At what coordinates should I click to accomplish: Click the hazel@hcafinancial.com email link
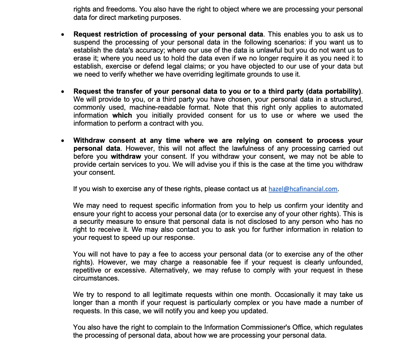(x=303, y=189)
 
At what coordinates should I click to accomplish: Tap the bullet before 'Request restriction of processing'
(x=63, y=35)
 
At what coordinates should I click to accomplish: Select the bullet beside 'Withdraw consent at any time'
(x=63, y=141)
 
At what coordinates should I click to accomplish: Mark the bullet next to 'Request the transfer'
(x=63, y=92)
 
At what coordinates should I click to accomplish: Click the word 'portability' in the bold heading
(x=343, y=91)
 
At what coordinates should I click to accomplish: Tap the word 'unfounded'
(x=345, y=262)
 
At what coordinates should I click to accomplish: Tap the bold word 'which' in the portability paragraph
(x=122, y=115)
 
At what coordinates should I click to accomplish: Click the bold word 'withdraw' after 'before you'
(x=126, y=156)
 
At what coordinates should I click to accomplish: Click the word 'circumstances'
(x=96, y=278)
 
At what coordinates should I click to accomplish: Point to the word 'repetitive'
(x=88, y=270)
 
